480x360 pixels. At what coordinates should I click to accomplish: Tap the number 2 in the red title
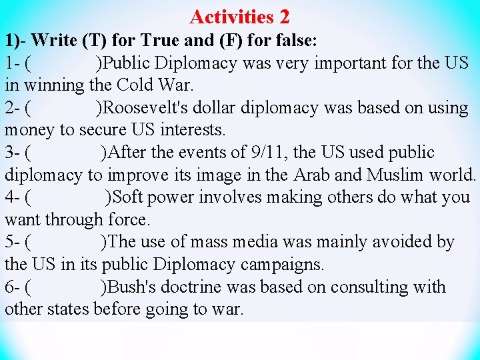coord(284,16)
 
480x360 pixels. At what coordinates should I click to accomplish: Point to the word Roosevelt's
coord(143,108)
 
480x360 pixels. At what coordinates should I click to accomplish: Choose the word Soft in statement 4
coord(131,197)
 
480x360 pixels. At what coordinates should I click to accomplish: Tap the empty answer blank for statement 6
coord(65,287)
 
